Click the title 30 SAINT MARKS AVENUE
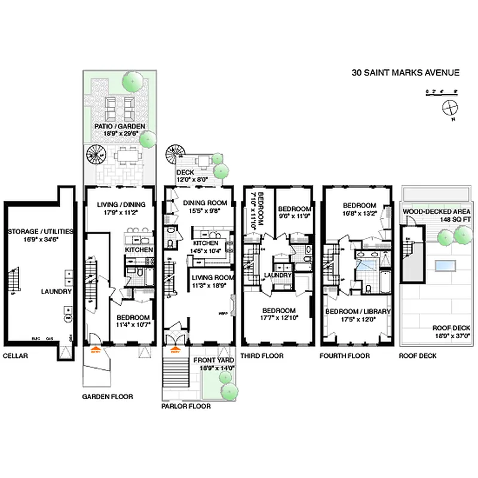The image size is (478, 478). coord(405,73)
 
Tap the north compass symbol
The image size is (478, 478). coord(449,108)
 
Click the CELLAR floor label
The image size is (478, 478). coord(16,356)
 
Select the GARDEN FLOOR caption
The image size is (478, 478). coord(108,396)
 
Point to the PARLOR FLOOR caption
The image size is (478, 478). coord(186,406)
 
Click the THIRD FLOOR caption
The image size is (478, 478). coord(262,356)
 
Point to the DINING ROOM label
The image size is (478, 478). coord(201,202)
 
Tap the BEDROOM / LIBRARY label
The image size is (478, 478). coord(358,311)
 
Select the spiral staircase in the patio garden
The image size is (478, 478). coord(95,157)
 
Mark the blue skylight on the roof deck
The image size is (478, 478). coord(444,265)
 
